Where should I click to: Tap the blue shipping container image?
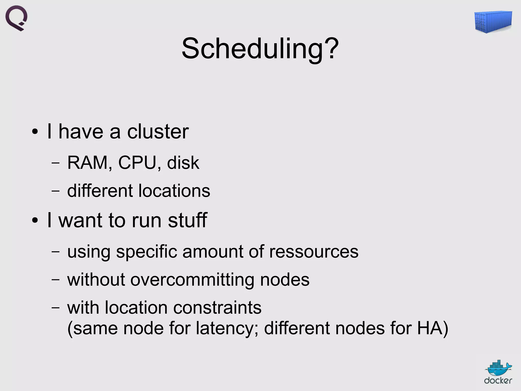click(x=493, y=22)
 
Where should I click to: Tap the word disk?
click(x=183, y=163)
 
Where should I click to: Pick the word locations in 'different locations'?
click(x=174, y=191)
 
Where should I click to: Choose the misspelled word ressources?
click(x=314, y=252)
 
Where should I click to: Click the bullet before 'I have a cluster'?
click(x=35, y=132)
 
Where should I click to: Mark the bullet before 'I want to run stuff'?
click(x=35, y=220)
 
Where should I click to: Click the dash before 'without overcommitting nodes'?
click(x=55, y=280)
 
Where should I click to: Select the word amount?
click(x=213, y=252)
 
